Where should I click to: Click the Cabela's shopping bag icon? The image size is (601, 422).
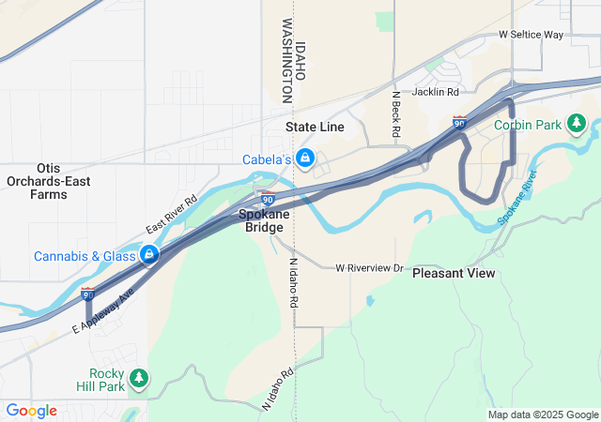(305, 158)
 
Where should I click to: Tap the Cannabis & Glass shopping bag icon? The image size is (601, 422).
(149, 255)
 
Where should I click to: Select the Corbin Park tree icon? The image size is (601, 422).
(577, 124)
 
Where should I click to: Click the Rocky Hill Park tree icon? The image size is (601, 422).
(139, 378)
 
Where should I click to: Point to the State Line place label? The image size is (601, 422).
(315, 127)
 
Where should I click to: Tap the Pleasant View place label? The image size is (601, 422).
(454, 274)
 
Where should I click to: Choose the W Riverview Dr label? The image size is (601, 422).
(369, 268)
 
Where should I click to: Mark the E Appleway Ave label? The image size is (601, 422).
(103, 311)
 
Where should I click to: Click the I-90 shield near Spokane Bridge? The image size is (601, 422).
(269, 199)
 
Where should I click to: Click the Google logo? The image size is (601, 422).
(31, 411)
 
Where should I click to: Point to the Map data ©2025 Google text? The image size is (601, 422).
(543, 414)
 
